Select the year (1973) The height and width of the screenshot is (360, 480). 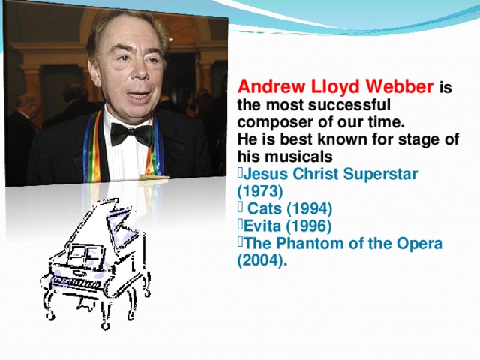259,190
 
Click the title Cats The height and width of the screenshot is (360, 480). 264,208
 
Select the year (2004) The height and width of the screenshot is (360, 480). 262,261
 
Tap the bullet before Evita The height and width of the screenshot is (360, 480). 240,226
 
